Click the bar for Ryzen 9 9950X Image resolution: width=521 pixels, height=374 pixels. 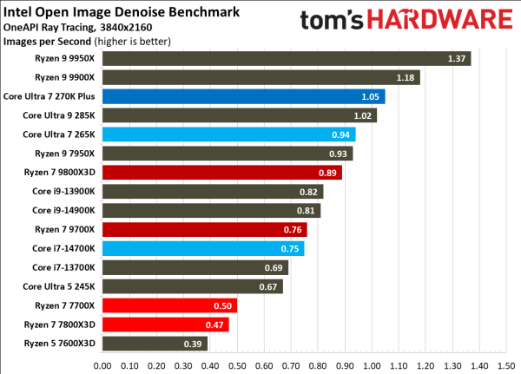point(286,59)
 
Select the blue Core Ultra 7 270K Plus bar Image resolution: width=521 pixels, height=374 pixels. point(243,97)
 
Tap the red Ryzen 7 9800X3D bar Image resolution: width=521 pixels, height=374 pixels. point(221,173)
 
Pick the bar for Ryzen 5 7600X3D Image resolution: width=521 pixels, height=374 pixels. point(155,344)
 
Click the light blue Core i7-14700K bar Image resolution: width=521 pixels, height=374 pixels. point(203,248)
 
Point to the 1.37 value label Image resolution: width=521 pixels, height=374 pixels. point(458,59)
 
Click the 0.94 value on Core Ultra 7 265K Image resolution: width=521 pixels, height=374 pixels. point(343,135)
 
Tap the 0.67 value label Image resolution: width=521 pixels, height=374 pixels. point(270,286)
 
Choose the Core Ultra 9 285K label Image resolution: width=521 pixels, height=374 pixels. point(59,116)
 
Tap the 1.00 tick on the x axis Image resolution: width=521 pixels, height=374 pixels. point(371,364)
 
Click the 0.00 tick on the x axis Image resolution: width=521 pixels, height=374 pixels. point(102,364)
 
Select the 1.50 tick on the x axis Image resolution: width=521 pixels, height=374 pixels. point(505,364)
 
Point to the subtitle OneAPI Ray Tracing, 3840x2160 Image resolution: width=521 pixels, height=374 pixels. point(74,28)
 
